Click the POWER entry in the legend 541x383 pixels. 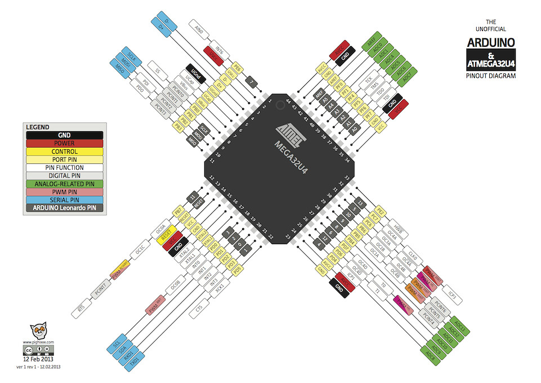click(x=64, y=143)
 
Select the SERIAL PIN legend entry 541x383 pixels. click(x=64, y=199)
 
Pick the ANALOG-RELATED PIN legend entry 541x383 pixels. click(x=64, y=183)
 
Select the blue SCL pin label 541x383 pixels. click(x=117, y=342)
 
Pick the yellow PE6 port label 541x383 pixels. click(x=237, y=68)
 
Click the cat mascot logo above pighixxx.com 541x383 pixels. click(x=38, y=331)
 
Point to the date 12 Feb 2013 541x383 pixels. click(x=38, y=358)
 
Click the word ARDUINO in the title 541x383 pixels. click(x=490, y=42)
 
